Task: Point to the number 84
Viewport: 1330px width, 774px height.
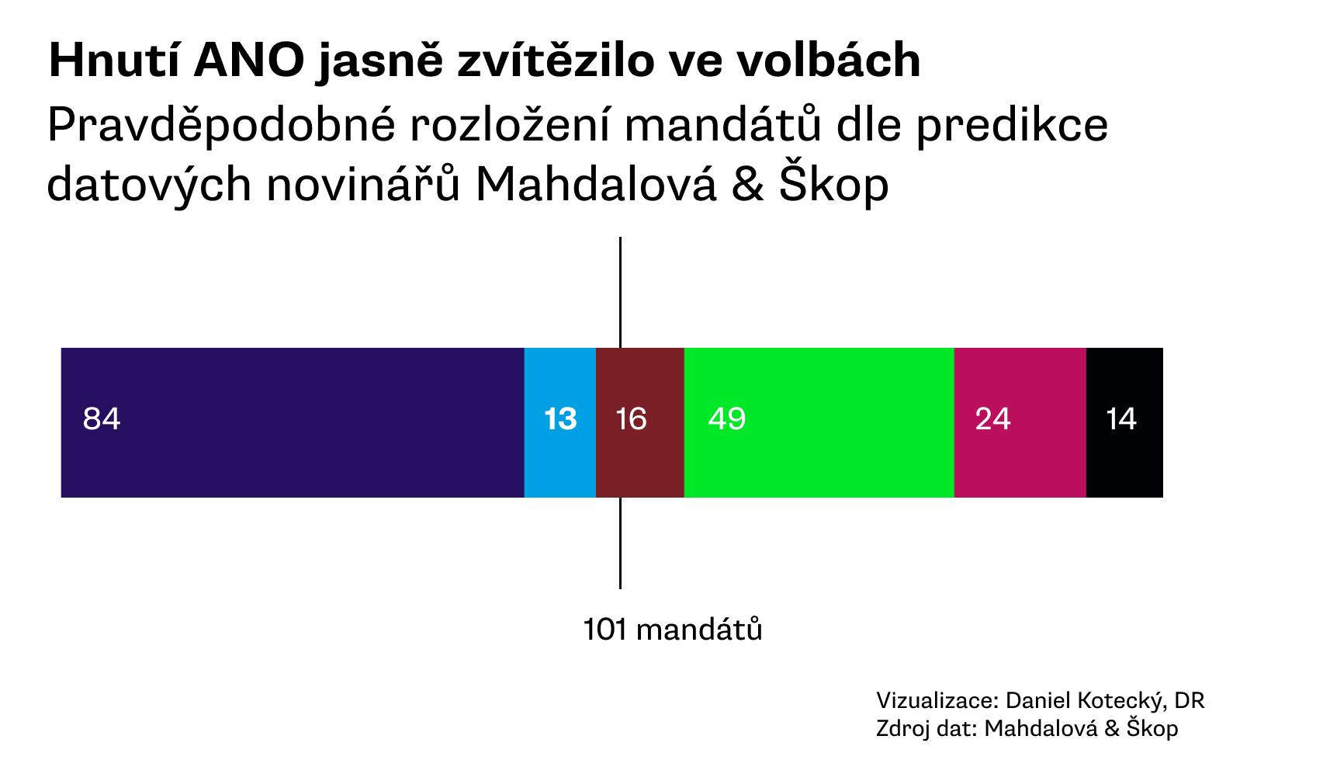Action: (102, 419)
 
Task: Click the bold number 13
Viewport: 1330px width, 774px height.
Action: (560, 419)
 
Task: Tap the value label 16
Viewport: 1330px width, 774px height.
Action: (631, 419)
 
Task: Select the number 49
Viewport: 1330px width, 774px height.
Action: (727, 419)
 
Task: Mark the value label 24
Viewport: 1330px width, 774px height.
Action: (992, 419)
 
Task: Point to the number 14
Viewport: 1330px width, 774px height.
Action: (1121, 419)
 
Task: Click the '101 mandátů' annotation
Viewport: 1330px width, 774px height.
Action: (672, 630)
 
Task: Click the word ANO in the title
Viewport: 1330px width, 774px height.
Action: (249, 61)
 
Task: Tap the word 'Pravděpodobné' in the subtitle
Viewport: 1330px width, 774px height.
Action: (222, 126)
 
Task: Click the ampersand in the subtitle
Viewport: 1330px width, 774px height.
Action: (747, 185)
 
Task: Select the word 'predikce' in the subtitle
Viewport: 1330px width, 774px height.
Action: (1012, 126)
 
